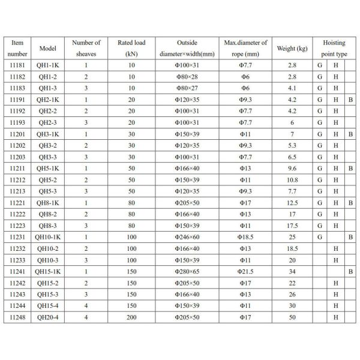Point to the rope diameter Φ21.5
245,271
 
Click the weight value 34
292,271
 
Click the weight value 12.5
292,203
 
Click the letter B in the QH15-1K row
350,271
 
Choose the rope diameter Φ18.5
245,237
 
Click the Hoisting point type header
334,48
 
